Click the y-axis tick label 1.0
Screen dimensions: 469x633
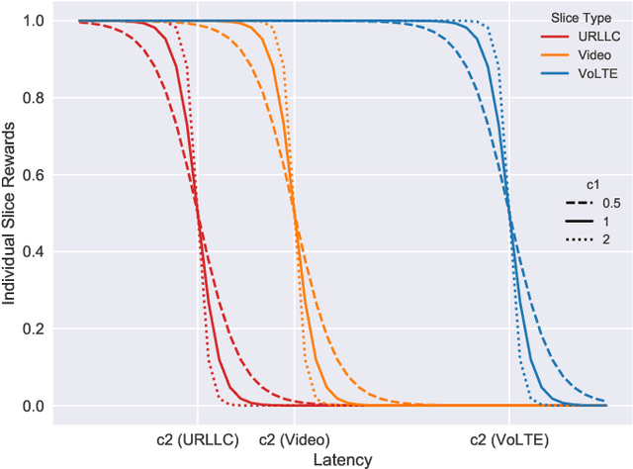pyautogui.click(x=35, y=20)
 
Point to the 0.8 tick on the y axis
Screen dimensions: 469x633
pyautogui.click(x=35, y=97)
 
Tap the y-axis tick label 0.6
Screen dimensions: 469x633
pyautogui.click(x=35, y=174)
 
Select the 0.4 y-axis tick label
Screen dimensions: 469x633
pyautogui.click(x=35, y=251)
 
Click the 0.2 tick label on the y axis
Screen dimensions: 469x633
pyautogui.click(x=35, y=328)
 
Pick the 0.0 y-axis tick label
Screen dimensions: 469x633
pyautogui.click(x=35, y=406)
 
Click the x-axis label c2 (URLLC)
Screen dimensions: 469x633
pyautogui.click(x=197, y=438)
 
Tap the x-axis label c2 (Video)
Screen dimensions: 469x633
pyautogui.click(x=294, y=438)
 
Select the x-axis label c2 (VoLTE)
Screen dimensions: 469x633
pyautogui.click(x=508, y=438)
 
